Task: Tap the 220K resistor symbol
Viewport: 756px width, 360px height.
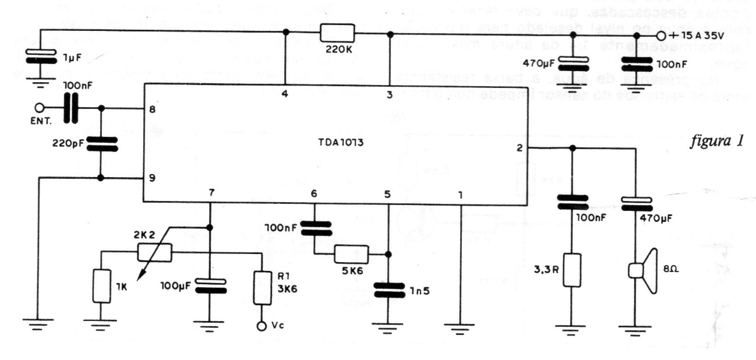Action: coord(337,33)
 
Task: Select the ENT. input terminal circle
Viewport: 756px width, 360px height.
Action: coord(40,108)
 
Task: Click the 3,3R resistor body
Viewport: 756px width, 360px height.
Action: coord(573,270)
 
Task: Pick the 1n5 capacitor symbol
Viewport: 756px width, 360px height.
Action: coord(388,289)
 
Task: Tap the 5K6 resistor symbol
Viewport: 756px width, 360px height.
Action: coord(351,254)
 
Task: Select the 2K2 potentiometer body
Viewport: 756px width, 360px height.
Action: coord(154,252)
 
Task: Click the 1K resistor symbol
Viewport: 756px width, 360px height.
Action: coord(102,286)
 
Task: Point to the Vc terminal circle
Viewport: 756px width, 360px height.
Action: coord(262,326)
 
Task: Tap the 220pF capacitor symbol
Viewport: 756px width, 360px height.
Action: coord(101,143)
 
